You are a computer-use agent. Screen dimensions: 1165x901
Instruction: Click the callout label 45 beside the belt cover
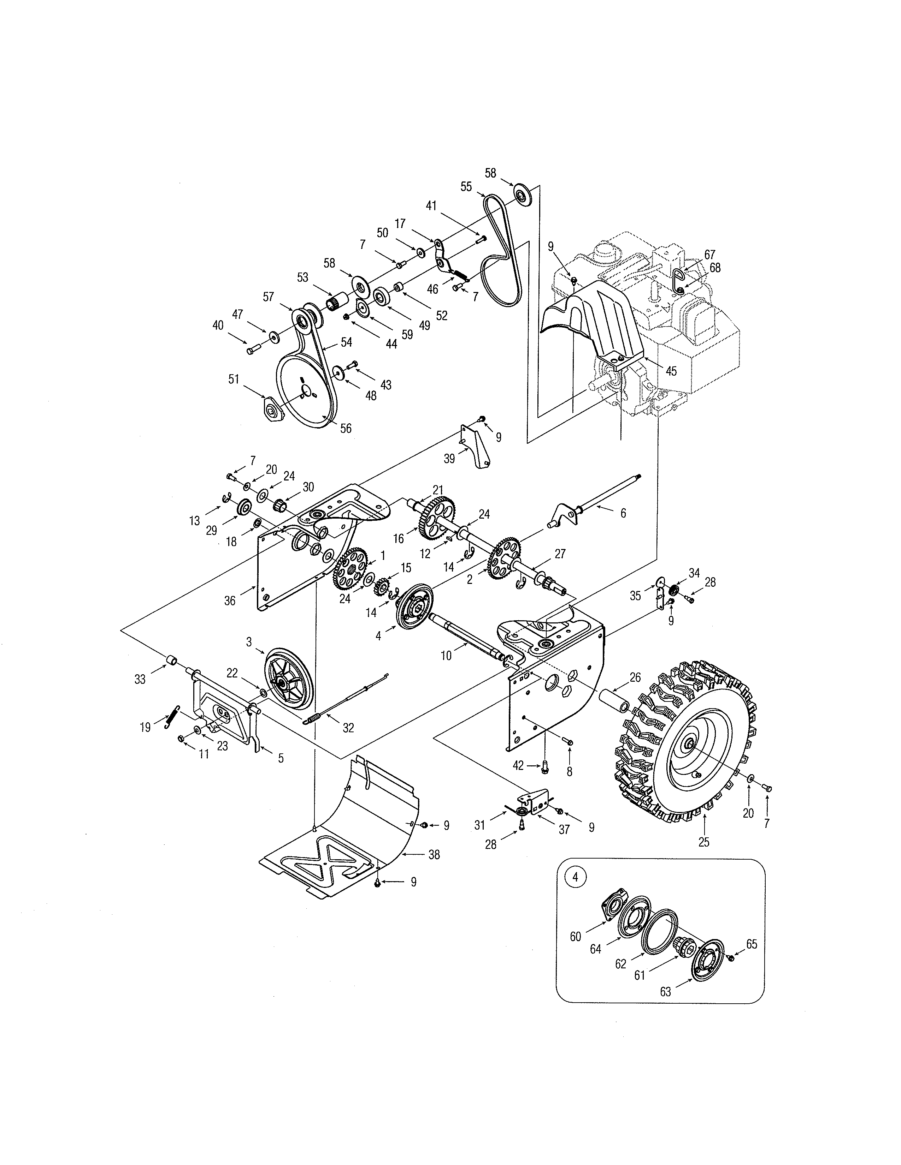click(671, 371)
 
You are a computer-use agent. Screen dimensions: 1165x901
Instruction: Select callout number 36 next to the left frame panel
click(230, 601)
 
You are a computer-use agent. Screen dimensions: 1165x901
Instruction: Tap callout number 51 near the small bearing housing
click(233, 379)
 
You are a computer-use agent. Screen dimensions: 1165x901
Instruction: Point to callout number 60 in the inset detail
click(575, 936)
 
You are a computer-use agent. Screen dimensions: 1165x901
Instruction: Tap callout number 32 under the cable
click(348, 728)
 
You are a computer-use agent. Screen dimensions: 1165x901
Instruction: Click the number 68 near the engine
click(715, 268)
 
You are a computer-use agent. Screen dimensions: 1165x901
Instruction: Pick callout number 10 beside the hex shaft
click(446, 656)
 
